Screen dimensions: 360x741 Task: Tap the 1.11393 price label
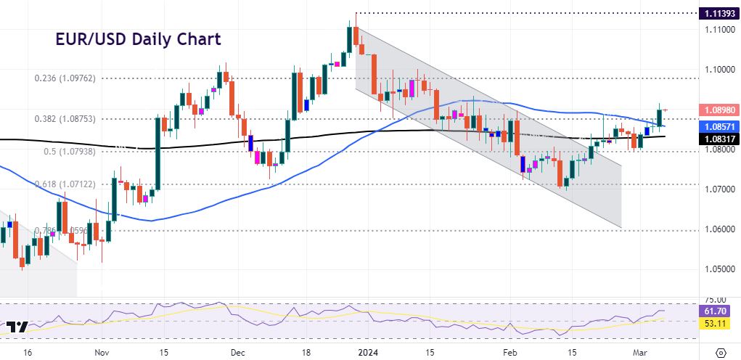[718, 13]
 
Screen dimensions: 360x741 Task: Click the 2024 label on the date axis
[369, 352]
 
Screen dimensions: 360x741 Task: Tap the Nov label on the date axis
[101, 352]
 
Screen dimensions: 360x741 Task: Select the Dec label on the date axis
[238, 352]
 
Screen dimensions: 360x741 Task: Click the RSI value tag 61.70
[718, 311]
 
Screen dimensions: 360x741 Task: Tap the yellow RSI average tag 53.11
[718, 324]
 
